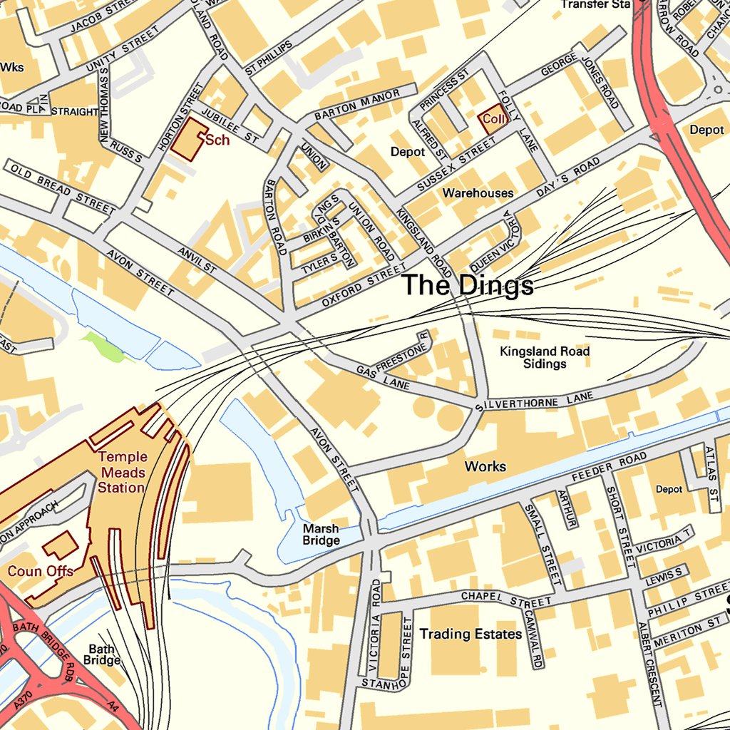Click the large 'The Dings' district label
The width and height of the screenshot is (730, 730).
tap(468, 285)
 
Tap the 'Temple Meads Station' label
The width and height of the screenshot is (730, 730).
tap(122, 472)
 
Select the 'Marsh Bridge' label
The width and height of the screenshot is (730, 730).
tap(321, 535)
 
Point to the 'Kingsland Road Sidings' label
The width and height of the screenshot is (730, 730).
tap(545, 357)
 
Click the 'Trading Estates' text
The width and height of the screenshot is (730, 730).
tap(471, 634)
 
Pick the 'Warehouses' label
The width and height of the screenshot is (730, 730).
tap(478, 193)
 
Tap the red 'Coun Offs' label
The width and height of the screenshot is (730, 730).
tap(41, 571)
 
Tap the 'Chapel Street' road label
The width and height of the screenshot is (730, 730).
tap(506, 599)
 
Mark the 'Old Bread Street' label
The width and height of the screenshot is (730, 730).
tap(60, 187)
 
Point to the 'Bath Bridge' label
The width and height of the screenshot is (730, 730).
tap(102, 654)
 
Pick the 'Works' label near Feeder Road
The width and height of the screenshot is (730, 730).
tap(485, 466)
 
